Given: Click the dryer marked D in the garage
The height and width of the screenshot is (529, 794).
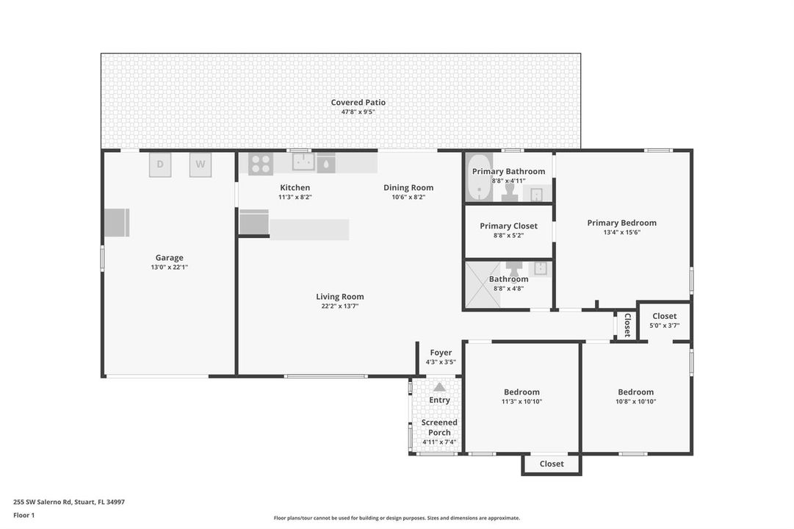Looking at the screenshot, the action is pos(160,165).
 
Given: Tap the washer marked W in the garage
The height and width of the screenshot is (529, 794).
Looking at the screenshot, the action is pos(201,165).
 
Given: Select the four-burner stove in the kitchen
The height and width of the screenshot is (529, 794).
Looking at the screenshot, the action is pos(261,164).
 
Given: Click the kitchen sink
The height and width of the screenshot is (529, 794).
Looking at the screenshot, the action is pos(303,162).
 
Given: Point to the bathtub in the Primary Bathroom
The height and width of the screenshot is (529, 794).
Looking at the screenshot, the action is pos(478,187).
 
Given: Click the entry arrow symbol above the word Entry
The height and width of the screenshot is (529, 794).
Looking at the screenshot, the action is pos(439,387).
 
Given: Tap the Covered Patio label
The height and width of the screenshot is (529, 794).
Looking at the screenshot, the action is pos(358,102).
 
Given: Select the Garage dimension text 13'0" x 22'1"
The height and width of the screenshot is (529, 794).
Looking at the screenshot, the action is pos(169,267).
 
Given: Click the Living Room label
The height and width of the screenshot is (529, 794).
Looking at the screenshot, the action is pos(340,297).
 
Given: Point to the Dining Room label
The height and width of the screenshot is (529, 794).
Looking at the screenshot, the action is pos(408,187).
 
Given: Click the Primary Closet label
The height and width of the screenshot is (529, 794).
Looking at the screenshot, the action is pos(508,226).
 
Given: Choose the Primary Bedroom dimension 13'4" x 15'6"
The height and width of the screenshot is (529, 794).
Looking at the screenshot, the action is pos(622,232).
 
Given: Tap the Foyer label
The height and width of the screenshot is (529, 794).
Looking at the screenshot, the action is pos(441,353).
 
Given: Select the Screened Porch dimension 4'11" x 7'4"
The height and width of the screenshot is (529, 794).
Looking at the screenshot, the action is pos(439,442).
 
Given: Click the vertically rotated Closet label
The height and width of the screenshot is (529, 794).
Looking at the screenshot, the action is pos(627,325).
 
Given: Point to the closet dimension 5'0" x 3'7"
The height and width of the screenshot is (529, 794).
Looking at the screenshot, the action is pos(665,325).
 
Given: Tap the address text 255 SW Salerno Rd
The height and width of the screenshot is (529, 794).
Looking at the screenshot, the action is pos(43,502).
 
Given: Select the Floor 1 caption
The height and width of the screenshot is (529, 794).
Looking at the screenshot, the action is pos(24,515).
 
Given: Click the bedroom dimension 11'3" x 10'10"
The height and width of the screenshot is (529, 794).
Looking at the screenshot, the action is pos(521,401).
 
